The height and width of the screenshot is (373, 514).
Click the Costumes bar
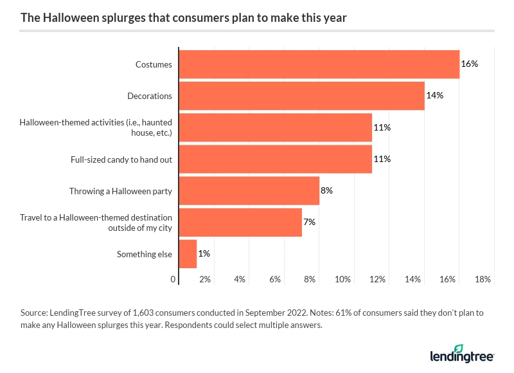pos(319,64)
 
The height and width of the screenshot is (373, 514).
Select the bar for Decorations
pos(301,96)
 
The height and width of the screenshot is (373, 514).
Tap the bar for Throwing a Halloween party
pos(249,191)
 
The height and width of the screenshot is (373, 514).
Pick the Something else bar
pos(188,254)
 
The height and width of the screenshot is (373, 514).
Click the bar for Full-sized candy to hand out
pos(275,159)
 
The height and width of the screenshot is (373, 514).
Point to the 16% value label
pos(470,64)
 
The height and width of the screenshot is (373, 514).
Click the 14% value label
pos(435,96)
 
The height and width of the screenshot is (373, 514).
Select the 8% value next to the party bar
pos(326,191)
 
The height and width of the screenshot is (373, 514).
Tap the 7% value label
pos(309,223)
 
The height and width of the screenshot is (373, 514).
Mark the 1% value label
pos(204,254)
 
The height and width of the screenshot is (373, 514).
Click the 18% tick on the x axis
pos(483,280)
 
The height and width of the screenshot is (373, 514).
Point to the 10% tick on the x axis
pos(342,280)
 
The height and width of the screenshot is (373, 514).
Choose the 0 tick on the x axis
pos(173,280)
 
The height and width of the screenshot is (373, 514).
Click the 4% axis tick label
pos(240,280)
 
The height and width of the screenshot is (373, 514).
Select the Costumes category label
pos(154,64)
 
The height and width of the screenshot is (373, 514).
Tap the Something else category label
pos(144,255)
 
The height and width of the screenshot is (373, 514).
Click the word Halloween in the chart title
pos(69,17)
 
